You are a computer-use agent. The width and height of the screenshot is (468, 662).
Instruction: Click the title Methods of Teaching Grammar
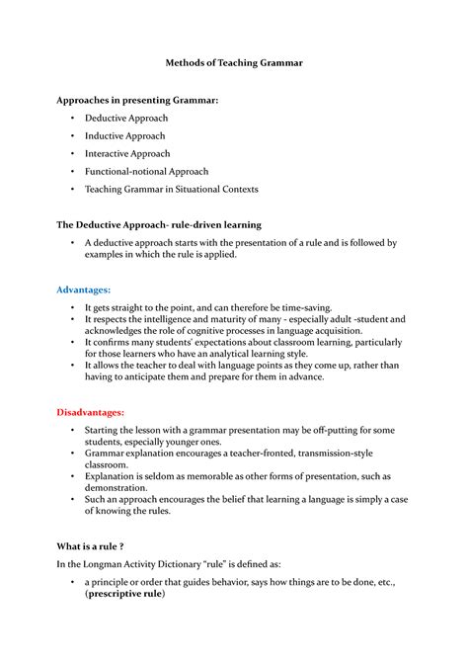click(x=233, y=62)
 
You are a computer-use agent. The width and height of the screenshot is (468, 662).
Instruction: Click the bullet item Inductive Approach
click(x=124, y=135)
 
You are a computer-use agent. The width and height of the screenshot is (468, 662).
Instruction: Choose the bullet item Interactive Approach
click(x=127, y=153)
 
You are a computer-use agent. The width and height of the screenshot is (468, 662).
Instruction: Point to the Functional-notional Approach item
click(x=146, y=171)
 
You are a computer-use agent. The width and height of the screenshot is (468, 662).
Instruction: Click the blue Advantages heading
click(x=83, y=290)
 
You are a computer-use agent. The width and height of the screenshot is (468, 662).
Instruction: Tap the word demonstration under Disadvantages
click(x=120, y=487)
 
